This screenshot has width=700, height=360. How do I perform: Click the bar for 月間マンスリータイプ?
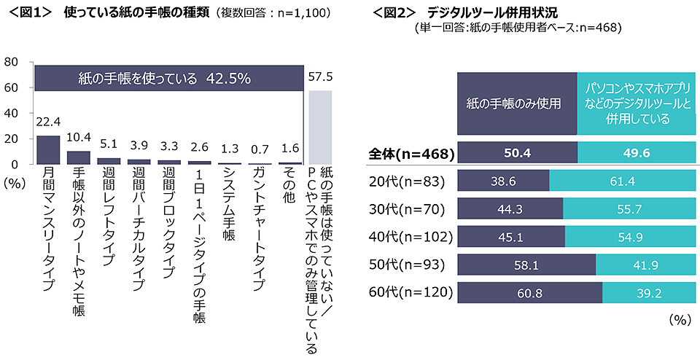point(48,150)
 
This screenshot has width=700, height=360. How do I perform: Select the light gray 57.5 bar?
point(320,128)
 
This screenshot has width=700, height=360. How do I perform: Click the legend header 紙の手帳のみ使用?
point(517,103)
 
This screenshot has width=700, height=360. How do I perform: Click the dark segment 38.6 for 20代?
point(503,181)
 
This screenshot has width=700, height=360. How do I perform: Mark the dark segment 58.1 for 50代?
point(526,265)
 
